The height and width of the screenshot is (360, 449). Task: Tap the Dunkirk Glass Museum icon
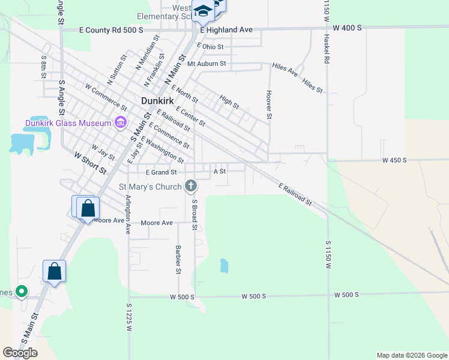(x=120, y=123)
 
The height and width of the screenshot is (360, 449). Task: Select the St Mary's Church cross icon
(x=191, y=187)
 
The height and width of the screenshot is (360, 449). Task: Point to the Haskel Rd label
(x=327, y=48)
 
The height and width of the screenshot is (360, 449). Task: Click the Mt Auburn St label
(x=206, y=63)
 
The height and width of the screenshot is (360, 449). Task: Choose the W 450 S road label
(x=394, y=161)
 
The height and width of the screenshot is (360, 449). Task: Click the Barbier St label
(x=178, y=259)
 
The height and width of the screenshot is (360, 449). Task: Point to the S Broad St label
(x=194, y=215)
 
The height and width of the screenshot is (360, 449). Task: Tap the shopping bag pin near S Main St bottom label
(x=54, y=271)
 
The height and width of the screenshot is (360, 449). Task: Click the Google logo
(x=20, y=353)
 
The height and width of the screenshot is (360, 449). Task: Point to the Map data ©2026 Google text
(x=412, y=355)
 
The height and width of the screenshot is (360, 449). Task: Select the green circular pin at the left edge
(x=22, y=292)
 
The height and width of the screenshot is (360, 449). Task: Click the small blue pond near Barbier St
(x=224, y=265)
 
